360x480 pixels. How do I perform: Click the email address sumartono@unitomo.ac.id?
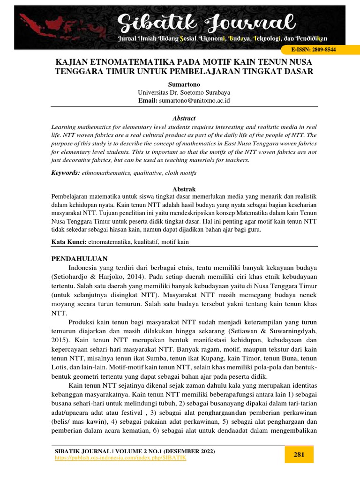pyautogui.click(x=194, y=100)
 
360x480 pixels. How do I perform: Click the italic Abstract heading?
pyautogui.click(x=184, y=118)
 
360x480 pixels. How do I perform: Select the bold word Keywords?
pyautogui.click(x=65, y=173)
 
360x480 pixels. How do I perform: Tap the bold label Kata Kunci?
pyautogui.click(x=68, y=242)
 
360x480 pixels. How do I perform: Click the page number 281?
pyautogui.click(x=299, y=454)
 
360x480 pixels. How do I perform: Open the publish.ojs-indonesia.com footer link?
pyautogui.click(x=120, y=457)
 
